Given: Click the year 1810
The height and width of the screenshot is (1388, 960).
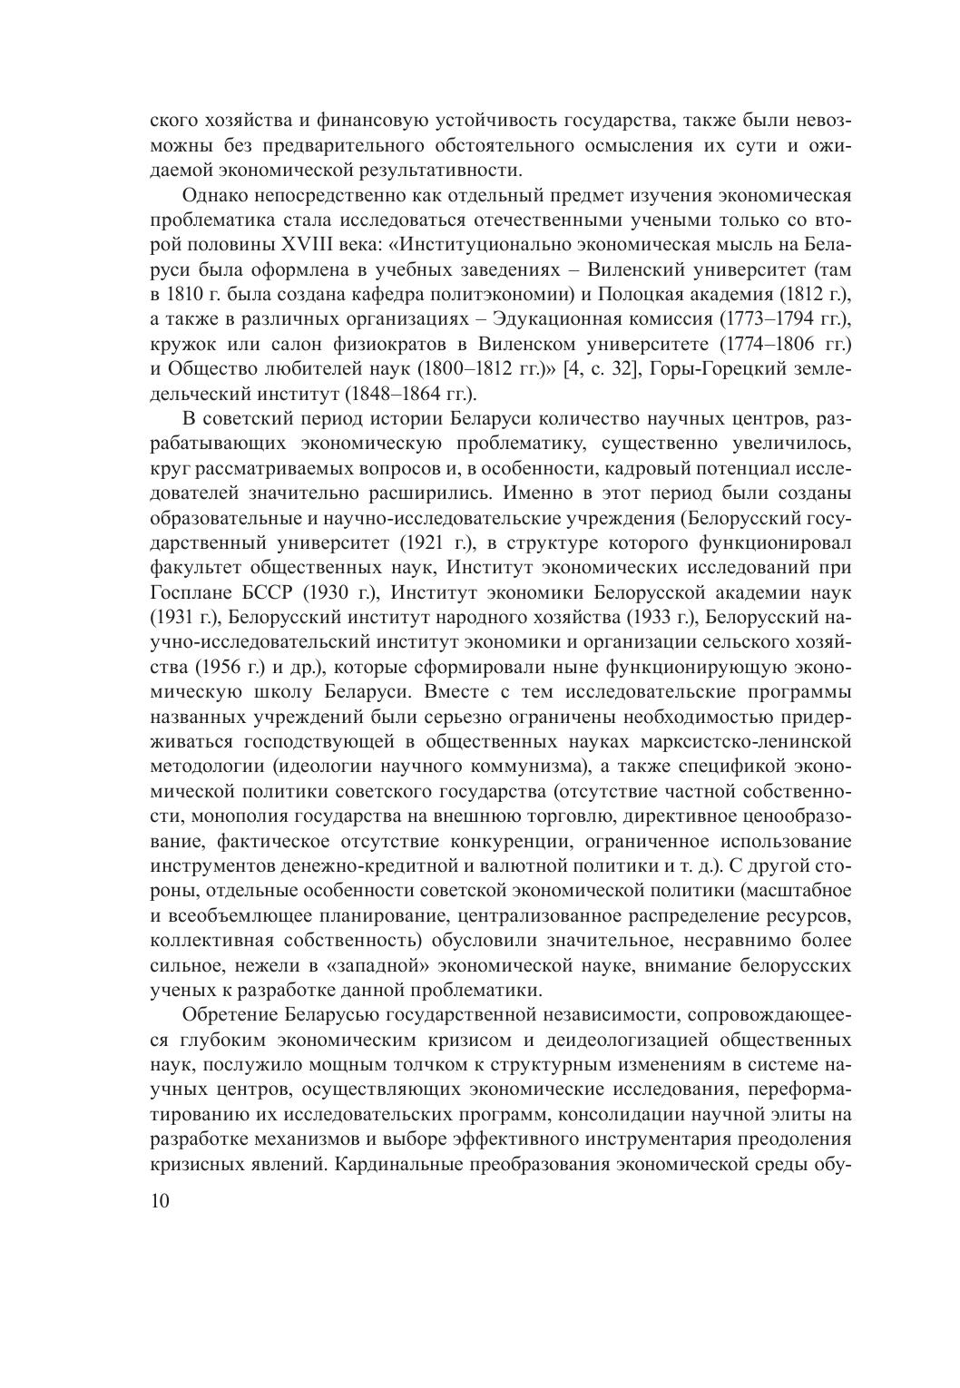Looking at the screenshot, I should coord(181,295).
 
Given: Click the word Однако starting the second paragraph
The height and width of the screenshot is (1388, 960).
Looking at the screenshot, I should coord(214,196).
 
